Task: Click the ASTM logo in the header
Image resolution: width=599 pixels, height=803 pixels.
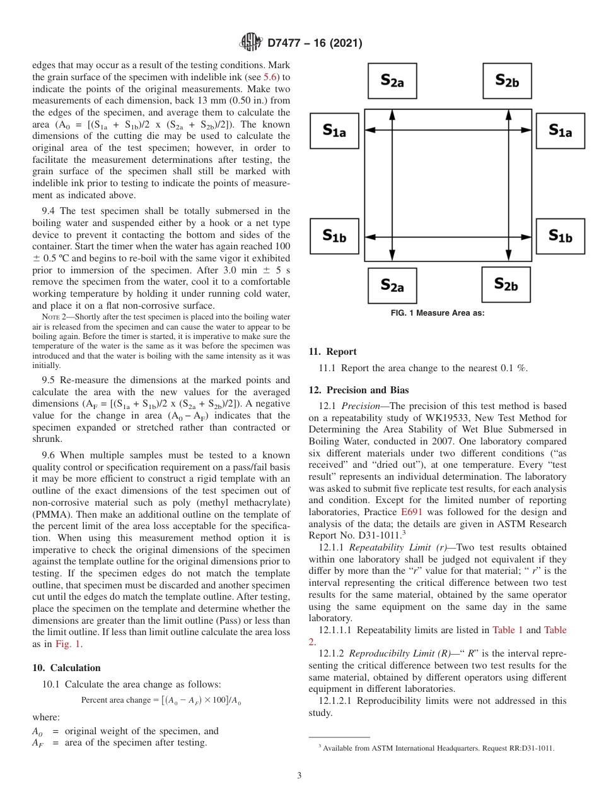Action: pos(252,44)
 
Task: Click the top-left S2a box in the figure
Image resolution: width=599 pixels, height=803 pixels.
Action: pos(392,81)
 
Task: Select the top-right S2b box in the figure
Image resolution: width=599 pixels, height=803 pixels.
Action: pos(506,80)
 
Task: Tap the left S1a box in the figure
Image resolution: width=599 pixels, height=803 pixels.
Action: pos(334,131)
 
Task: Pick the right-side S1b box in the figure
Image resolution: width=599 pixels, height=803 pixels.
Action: pos(560,236)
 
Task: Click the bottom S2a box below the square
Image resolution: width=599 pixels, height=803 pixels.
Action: pos(392,285)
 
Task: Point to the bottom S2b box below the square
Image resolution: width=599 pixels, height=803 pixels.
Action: pos(506,284)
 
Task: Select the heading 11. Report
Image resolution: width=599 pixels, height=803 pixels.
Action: pos(332,352)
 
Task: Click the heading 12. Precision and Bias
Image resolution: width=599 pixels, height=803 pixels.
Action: pos(358,390)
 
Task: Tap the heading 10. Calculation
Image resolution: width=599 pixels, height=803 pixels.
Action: pos(66,668)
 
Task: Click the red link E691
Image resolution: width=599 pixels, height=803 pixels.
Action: pos(410,512)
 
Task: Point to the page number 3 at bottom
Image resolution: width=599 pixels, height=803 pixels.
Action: pos(299,775)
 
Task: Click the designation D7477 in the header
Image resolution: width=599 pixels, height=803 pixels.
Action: pos(288,44)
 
